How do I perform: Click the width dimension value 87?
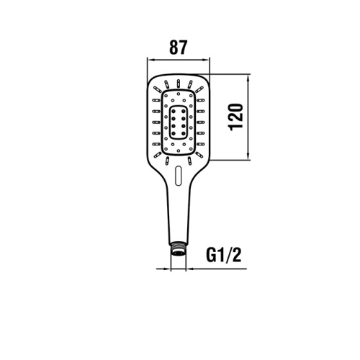(x=179, y=48)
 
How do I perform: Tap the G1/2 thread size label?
(x=224, y=255)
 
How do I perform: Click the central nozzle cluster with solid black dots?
(x=179, y=120)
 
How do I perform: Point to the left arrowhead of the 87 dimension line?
(x=150, y=59)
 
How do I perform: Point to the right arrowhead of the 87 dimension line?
(x=208, y=59)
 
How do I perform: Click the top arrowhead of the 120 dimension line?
(x=249, y=78)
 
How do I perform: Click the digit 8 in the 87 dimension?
(x=174, y=48)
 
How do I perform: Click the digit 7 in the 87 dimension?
(x=184, y=48)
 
